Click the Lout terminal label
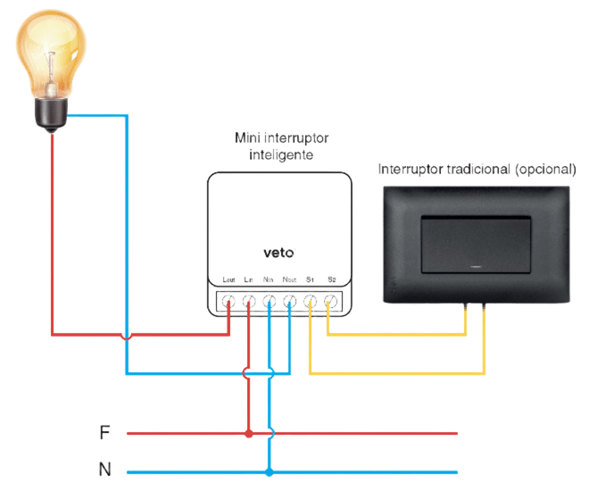(228, 279)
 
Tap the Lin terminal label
(248, 279)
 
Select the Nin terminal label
(268, 279)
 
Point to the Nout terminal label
(289, 279)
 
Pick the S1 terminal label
(310, 279)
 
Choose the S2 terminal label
(332, 279)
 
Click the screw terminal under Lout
(228, 302)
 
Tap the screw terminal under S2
(331, 302)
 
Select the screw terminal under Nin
(269, 302)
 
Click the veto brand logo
(278, 253)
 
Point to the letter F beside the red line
(104, 433)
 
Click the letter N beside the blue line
(105, 469)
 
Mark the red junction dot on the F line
(249, 433)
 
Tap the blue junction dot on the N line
(269, 472)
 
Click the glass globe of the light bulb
(51, 53)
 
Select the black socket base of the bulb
(51, 114)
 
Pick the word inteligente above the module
(281, 154)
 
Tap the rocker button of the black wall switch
(476, 245)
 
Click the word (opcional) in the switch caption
(545, 170)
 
